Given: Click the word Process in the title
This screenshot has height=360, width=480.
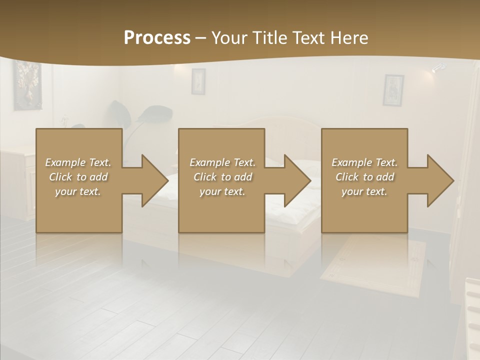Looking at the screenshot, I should (157, 38).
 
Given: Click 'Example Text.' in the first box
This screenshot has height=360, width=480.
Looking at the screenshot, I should (78, 162).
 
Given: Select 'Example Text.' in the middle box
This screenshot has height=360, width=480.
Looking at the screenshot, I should (222, 162).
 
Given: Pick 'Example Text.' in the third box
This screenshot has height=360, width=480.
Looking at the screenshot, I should (364, 162).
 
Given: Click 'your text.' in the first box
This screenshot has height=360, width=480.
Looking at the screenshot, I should (78, 191).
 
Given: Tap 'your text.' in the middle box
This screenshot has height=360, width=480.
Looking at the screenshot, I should (222, 191).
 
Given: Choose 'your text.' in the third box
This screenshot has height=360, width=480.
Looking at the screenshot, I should (364, 191).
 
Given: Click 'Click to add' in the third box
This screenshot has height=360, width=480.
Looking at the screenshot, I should (364, 177).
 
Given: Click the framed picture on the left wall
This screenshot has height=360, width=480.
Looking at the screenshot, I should (27, 84).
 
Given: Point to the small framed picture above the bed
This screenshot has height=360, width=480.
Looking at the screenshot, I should (198, 81).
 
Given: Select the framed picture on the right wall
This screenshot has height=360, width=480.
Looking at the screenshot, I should (393, 90).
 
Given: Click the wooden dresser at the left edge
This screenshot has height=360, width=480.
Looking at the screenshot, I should (17, 180).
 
